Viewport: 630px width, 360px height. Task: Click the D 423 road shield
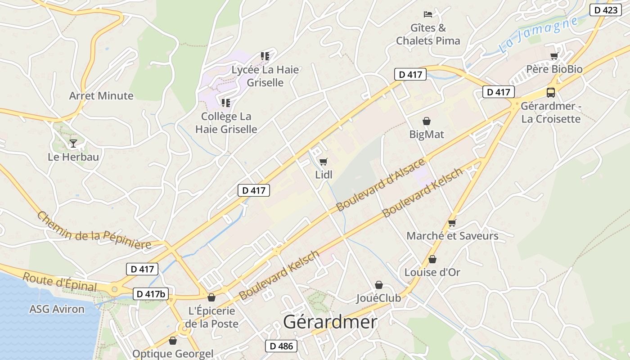pos(606,10)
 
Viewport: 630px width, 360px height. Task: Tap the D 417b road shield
pos(151,294)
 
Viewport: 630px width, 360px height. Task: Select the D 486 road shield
pos(281,346)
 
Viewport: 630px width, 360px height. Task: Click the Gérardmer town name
pos(330,322)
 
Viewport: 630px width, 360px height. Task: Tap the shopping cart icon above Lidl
pos(323,162)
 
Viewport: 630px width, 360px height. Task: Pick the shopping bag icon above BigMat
pos(426,121)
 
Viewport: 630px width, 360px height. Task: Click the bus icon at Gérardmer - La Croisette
pos(550,93)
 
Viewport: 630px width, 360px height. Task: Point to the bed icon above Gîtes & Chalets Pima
pos(427,14)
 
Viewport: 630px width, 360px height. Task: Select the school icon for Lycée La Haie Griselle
pos(265,56)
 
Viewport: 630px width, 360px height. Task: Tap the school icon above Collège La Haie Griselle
pos(226,103)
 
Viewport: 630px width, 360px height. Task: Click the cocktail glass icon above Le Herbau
pos(73,144)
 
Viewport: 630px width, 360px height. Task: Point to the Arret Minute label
pos(101,95)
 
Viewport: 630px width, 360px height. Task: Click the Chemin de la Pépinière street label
pos(94,230)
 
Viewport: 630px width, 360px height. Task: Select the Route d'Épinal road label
pos(59,282)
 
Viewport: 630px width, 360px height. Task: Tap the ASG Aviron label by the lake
pos(57,309)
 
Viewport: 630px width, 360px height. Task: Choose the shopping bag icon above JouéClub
pos(379,285)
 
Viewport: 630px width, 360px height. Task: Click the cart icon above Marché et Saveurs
pos(452,223)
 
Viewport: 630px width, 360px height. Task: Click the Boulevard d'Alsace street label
pos(381,184)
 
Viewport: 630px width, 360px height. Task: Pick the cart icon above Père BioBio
pos(554,56)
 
